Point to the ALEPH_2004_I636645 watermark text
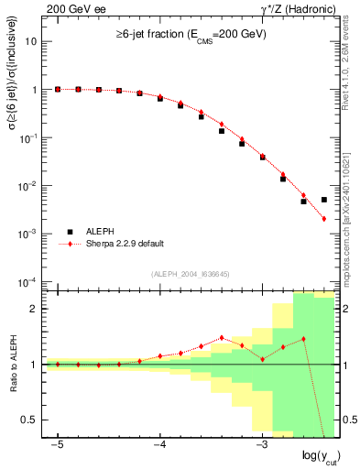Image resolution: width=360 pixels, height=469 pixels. click(191, 272)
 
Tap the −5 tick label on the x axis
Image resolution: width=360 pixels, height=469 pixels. click(57, 443)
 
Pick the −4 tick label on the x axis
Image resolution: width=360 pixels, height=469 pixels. click(158, 443)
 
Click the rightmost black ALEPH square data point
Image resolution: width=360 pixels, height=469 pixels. click(324, 199)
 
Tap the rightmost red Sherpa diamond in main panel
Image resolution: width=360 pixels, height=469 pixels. click(324, 219)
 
